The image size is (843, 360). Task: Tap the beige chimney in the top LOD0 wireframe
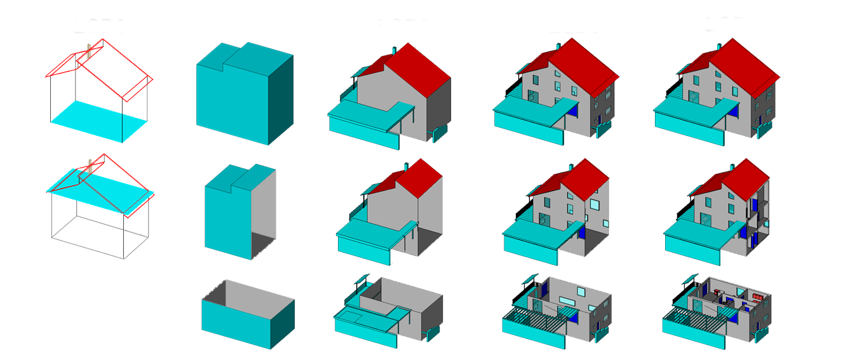90,50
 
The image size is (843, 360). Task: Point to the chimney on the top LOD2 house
395,49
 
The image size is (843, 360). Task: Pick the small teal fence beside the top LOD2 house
438,131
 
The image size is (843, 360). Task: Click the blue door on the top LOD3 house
574,109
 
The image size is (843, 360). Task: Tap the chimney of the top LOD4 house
718,46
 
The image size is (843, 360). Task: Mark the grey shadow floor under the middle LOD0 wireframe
100,238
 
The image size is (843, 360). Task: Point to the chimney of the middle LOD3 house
569,167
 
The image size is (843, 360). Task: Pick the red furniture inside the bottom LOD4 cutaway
757,297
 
